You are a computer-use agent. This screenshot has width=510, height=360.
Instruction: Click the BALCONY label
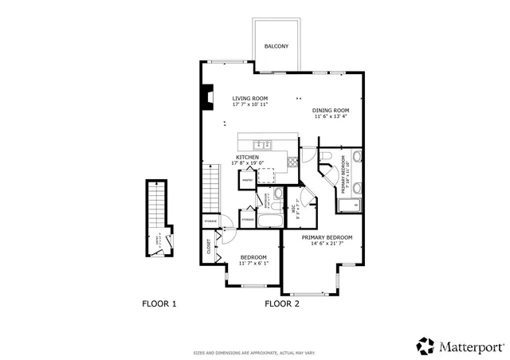277,46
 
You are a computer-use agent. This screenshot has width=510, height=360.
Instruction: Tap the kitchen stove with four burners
292,159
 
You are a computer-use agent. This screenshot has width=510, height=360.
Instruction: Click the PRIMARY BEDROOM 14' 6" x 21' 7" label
327,240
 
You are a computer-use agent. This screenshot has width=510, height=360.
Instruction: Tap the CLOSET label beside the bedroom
210,246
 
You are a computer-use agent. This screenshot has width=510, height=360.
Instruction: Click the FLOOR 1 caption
159,303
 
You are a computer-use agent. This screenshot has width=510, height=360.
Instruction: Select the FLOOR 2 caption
281,303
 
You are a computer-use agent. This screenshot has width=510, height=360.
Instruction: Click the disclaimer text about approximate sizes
254,352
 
